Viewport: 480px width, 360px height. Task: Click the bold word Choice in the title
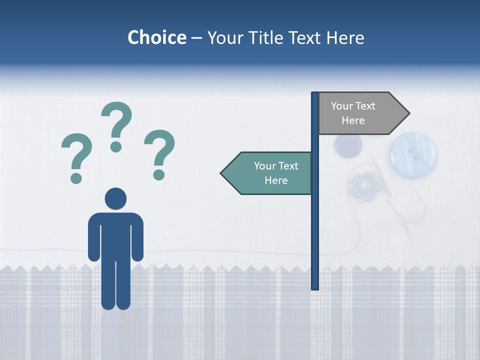(156, 37)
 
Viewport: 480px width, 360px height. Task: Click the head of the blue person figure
(115, 198)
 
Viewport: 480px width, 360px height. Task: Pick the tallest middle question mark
(116, 125)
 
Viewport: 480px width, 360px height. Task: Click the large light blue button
(413, 154)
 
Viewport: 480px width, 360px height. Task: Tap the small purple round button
(348, 145)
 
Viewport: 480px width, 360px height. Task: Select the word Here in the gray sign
(353, 120)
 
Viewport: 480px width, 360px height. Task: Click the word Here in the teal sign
(276, 180)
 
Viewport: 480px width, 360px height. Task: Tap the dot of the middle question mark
(116, 146)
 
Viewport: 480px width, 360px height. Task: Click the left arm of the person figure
(93, 237)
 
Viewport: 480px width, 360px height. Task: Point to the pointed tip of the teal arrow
(221, 173)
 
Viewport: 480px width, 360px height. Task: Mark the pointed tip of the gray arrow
(408, 113)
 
